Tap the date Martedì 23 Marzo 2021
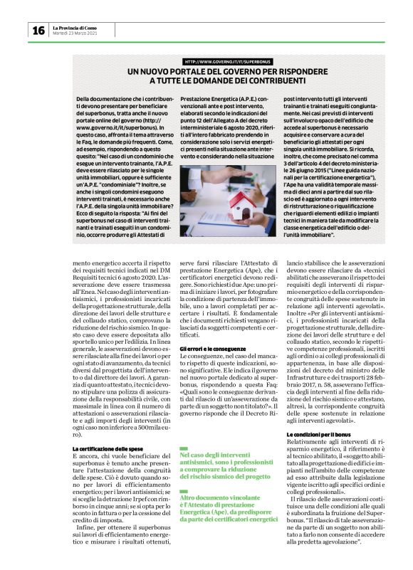(x=75, y=33)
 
